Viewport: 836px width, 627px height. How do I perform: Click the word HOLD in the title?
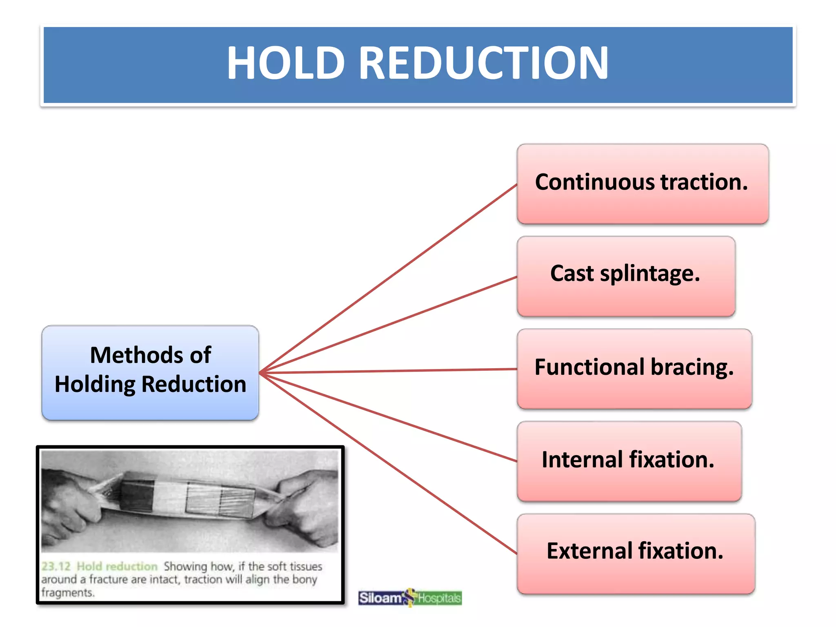tap(286, 63)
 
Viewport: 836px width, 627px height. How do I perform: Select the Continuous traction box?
tap(643, 184)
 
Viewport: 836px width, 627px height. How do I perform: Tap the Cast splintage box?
tap(626, 276)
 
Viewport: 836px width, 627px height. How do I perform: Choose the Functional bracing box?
tap(634, 369)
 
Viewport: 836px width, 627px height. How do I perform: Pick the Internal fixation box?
tap(629, 461)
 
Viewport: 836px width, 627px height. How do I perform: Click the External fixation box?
tap(635, 554)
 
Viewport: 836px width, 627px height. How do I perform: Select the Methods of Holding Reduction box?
tap(150, 372)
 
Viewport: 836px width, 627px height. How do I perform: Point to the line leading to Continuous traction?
tap(388, 279)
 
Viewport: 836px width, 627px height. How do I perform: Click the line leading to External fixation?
tap(388, 463)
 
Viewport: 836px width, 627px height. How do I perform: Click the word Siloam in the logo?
tap(380, 598)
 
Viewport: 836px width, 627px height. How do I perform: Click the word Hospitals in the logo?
tap(439, 598)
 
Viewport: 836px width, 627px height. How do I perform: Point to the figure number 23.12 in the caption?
tap(56, 567)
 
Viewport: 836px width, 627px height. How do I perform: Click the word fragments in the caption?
tap(67, 592)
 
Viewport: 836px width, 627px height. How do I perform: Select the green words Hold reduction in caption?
tap(117, 567)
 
